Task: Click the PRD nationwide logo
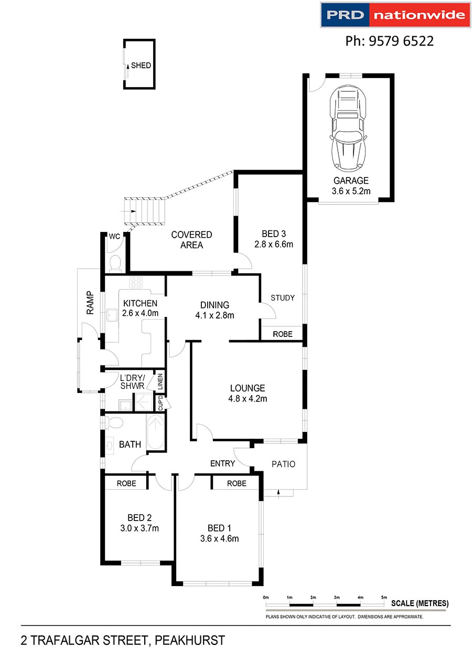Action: click(394, 15)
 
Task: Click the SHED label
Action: click(141, 66)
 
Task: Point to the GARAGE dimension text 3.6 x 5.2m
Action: click(351, 192)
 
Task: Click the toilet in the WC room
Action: click(115, 262)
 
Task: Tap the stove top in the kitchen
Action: click(136, 283)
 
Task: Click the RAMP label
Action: click(90, 303)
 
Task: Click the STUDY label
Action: click(283, 298)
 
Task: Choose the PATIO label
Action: click(283, 464)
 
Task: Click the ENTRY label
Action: click(222, 463)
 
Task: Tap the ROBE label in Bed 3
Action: click(282, 334)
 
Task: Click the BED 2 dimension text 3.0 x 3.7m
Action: click(139, 528)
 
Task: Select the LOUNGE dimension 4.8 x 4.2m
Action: click(248, 398)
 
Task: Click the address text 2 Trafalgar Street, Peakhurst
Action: click(123, 641)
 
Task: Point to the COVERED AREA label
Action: click(191, 240)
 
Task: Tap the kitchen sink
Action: click(111, 315)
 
